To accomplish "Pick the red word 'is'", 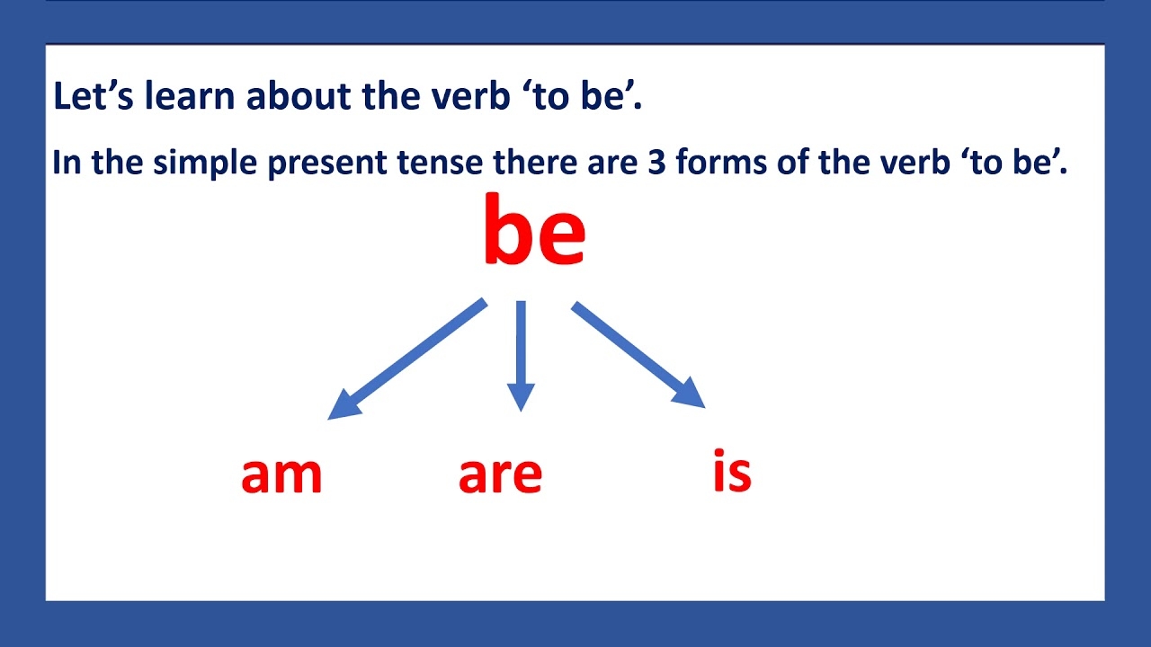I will pos(732,471).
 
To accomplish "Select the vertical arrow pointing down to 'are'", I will pos(521,356).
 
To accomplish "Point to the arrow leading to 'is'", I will pos(638,354).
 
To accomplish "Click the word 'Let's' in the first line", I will pos(90,97).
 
